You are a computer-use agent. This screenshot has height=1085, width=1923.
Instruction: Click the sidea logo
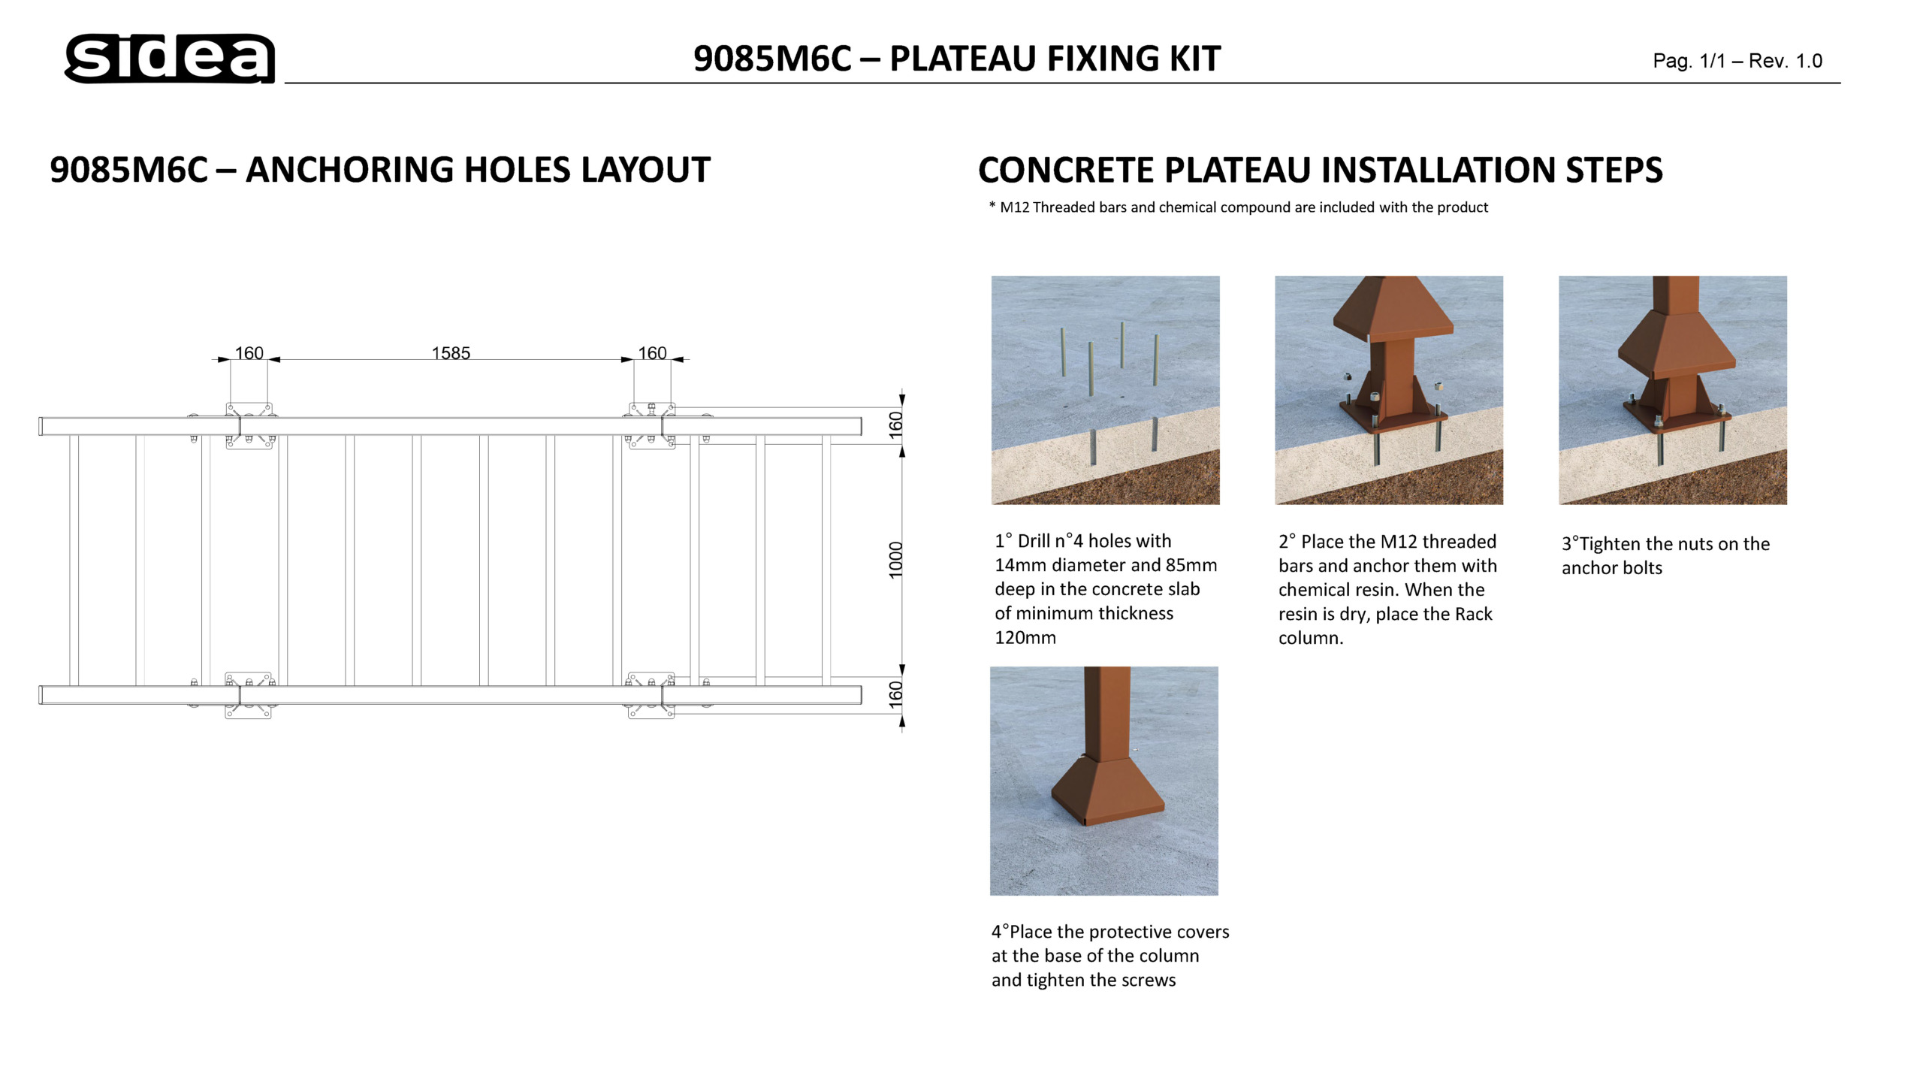coord(170,58)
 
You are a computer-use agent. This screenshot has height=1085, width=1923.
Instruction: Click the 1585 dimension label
coord(451,353)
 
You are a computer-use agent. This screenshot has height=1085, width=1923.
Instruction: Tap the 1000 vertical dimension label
coord(895,560)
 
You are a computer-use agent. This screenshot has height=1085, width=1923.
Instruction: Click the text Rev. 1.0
coord(1786,61)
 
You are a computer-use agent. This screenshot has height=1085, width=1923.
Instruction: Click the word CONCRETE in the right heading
coord(1066,170)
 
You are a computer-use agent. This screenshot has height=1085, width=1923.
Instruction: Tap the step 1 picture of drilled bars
coord(1105,390)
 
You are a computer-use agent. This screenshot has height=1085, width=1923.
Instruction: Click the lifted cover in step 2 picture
coord(1393,308)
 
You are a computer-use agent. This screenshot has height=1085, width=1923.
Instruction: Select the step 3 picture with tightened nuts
coord(1673,390)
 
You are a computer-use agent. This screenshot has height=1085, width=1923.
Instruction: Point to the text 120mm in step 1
coord(1025,637)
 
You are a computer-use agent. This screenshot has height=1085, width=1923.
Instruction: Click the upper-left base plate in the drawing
coord(249,426)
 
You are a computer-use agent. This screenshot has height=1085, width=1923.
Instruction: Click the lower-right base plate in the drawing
coord(651,695)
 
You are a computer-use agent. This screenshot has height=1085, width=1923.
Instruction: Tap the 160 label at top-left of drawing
coord(249,353)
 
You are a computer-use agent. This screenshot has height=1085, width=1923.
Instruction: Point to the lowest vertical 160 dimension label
coord(895,694)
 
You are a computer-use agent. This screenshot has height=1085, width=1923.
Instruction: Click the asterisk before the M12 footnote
coord(992,205)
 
